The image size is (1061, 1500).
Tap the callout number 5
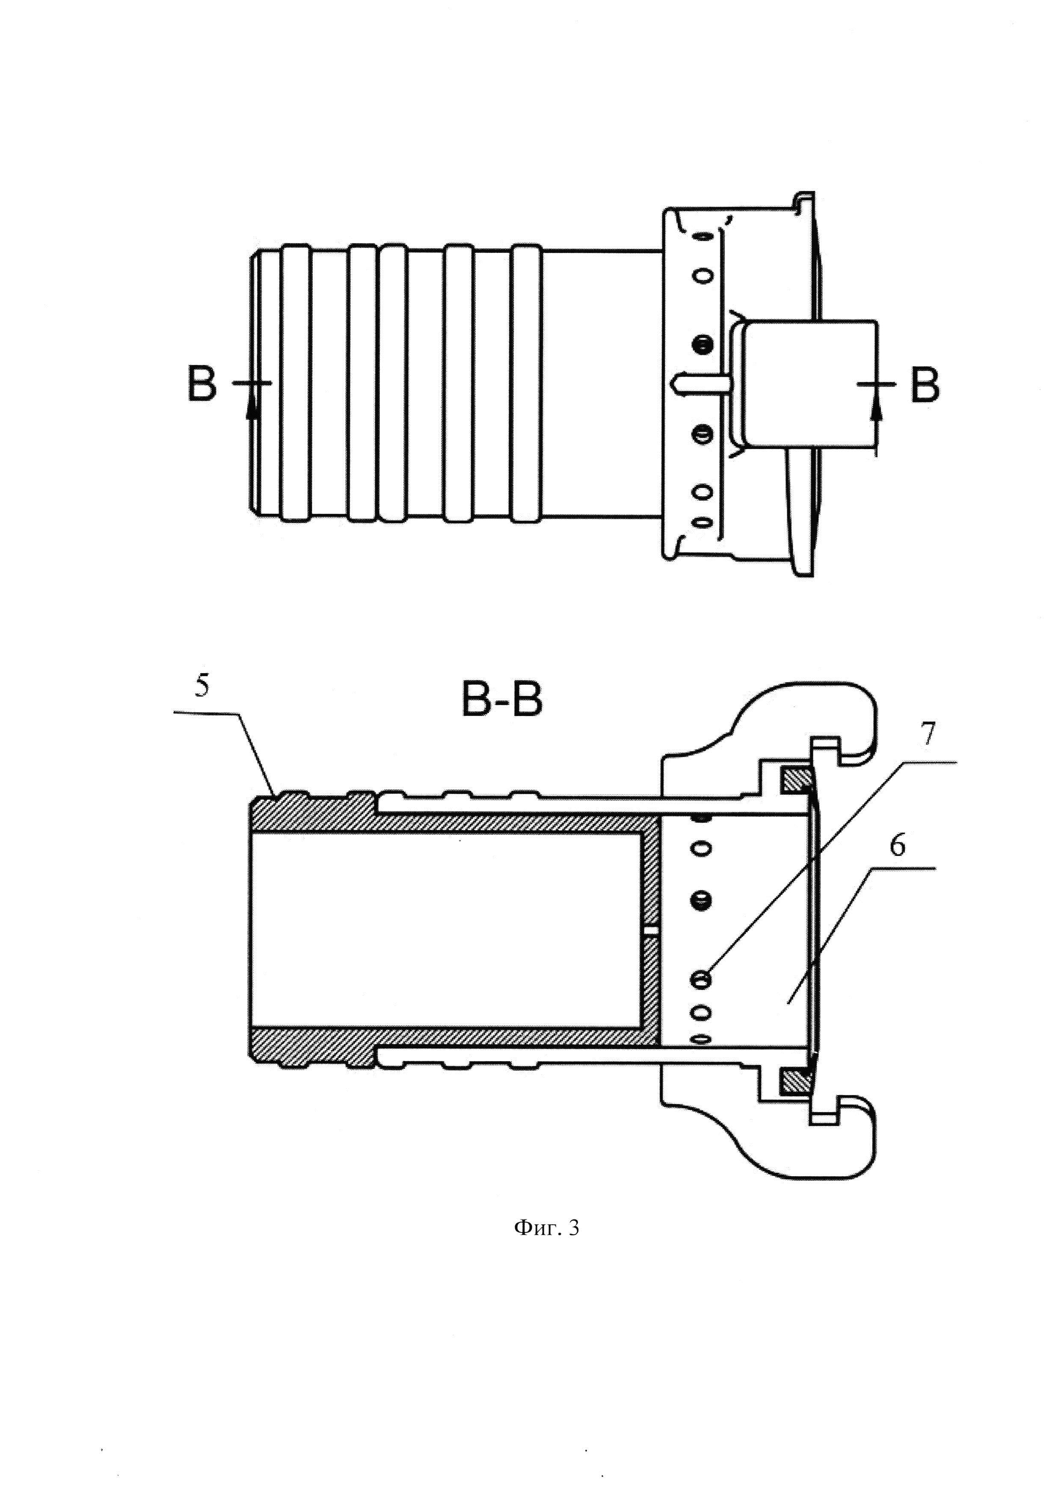[204, 687]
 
